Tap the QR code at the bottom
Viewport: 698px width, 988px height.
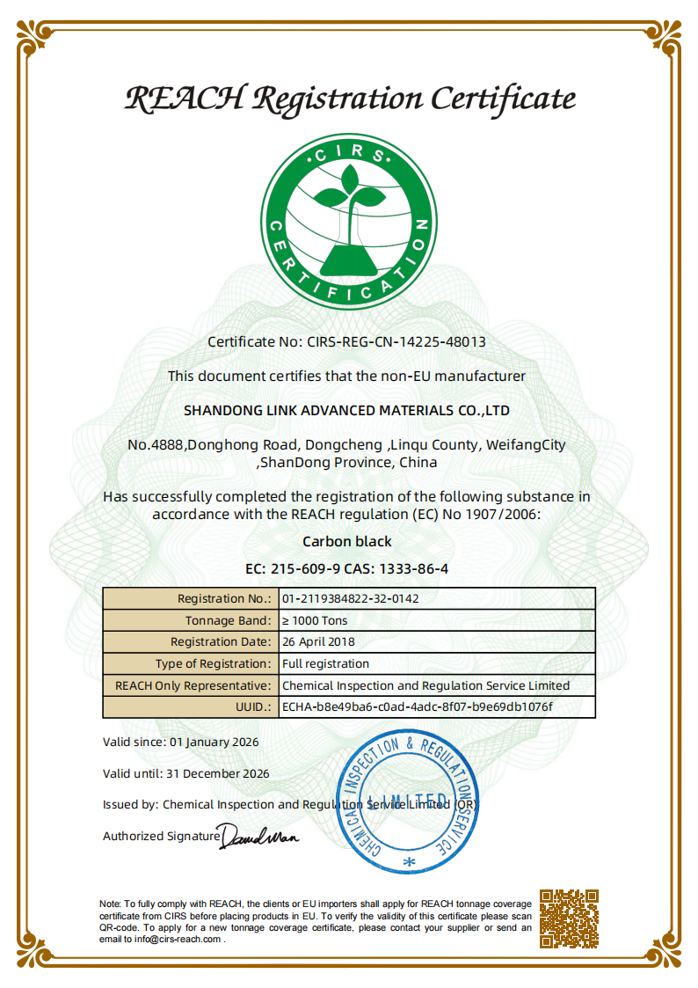[569, 918]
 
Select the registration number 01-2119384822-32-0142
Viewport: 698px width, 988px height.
[350, 598]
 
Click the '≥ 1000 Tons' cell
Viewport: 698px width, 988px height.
[315, 620]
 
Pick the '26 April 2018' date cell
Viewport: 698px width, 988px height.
[318, 642]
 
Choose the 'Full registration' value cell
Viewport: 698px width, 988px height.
[325, 663]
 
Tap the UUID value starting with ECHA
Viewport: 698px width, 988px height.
[417, 706]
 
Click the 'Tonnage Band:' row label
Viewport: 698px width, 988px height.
[229, 620]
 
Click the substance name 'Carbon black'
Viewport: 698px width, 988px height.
[347, 541]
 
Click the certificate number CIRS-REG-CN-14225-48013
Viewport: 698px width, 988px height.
[396, 341]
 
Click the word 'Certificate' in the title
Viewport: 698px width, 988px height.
[503, 98]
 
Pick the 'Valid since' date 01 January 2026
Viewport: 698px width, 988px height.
[214, 742]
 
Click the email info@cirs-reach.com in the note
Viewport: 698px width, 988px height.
[178, 939]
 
